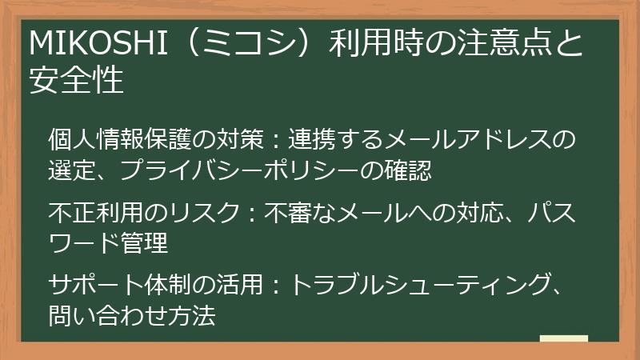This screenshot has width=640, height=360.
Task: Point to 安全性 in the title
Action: pyautogui.click(x=76, y=80)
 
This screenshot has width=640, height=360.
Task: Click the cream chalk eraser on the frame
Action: pyautogui.click(x=563, y=340)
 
